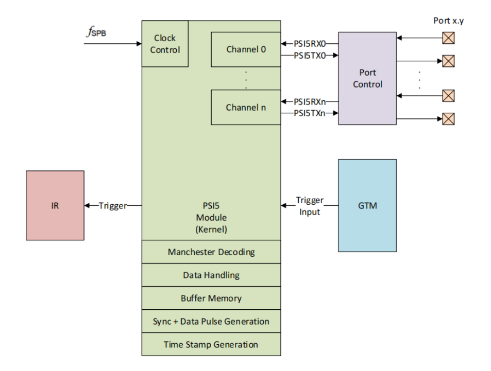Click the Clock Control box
(165, 44)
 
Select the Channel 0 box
(246, 49)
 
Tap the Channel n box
(246, 108)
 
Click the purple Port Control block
(367, 78)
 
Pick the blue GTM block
(367, 205)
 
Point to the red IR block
(55, 205)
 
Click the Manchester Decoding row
(211, 252)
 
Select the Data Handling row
(211, 275)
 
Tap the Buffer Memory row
(211, 298)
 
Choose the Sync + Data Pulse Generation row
(211, 321)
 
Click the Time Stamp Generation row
(211, 344)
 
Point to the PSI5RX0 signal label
(309, 44)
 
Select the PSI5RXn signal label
(309, 102)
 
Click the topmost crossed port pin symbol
(449, 38)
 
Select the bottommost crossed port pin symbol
(449, 119)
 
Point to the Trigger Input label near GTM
(309, 205)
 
